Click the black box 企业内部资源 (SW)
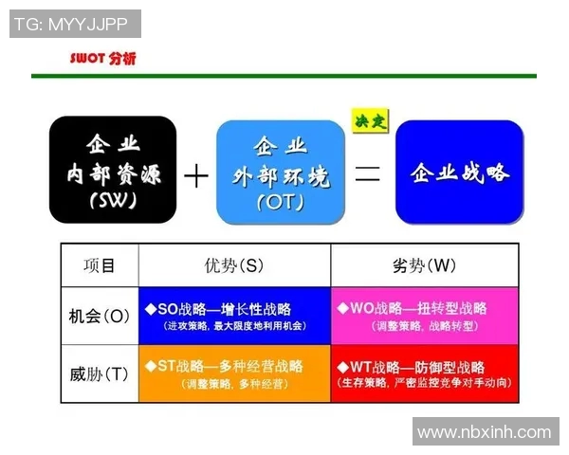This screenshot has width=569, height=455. [x=113, y=172]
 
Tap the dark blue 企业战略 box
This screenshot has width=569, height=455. [x=459, y=172]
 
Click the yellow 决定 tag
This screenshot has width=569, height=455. [x=368, y=121]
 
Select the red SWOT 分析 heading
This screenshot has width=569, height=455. [x=102, y=59]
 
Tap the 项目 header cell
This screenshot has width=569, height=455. [x=99, y=265]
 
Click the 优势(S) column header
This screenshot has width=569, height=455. [x=233, y=265]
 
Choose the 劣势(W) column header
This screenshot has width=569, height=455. [x=424, y=265]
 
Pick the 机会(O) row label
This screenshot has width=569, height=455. [x=99, y=316]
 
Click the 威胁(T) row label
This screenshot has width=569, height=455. [x=99, y=373]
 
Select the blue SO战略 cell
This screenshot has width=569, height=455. [x=234, y=316]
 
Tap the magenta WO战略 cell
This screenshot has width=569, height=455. [x=425, y=316]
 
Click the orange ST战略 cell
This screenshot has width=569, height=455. [x=234, y=373]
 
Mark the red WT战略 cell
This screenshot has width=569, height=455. [x=425, y=373]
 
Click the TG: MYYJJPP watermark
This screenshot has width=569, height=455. [x=75, y=24]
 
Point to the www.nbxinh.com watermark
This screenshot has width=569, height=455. [x=484, y=432]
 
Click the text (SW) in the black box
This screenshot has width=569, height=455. [x=113, y=201]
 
